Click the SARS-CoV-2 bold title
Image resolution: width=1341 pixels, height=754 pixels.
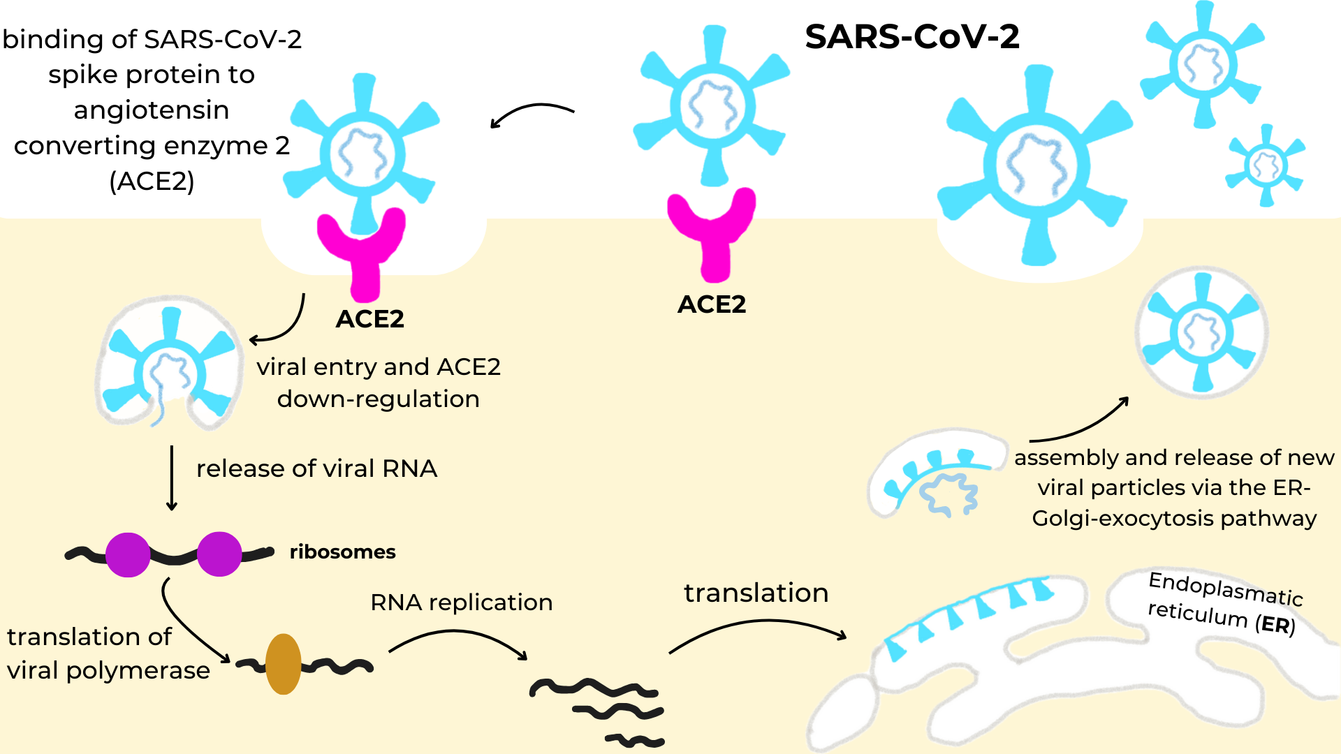912,36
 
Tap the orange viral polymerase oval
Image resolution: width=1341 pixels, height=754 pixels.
283,664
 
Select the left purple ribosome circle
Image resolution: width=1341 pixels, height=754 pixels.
128,554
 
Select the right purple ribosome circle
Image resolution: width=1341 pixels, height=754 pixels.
219,554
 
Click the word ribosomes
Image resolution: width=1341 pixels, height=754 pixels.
342,552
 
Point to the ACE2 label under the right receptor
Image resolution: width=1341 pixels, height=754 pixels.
712,304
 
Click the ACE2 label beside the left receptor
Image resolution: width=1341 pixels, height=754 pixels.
369,319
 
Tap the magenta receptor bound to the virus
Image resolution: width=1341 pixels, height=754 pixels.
362,251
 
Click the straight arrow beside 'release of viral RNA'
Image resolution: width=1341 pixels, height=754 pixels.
172,479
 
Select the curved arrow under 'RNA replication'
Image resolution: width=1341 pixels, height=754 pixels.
458,639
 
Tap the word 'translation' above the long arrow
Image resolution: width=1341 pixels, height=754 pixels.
756,593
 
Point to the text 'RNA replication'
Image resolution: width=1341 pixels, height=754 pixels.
461,603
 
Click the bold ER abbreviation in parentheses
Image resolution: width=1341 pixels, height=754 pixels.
1275,624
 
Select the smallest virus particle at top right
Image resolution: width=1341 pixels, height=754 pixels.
1266,165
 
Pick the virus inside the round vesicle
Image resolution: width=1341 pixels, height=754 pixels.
1201,332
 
